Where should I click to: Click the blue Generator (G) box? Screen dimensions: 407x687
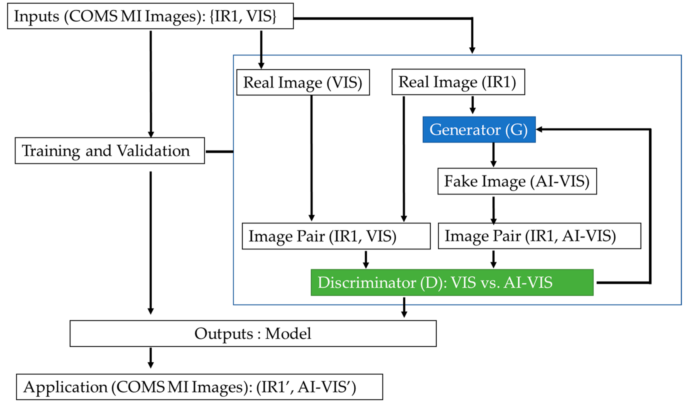479,129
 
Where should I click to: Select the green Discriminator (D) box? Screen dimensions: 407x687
452,282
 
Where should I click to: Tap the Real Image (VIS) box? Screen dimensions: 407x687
303,82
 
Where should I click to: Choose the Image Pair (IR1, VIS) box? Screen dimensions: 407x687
336,236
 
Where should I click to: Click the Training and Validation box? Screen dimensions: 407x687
110,151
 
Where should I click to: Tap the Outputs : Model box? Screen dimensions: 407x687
253,333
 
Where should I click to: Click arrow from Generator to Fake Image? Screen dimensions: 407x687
493,155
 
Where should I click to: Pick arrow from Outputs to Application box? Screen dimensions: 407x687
150,358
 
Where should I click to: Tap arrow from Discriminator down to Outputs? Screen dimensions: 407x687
404,307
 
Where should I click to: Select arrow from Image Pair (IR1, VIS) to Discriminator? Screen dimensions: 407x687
366,259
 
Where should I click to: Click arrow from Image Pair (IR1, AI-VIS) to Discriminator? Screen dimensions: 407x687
493,259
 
